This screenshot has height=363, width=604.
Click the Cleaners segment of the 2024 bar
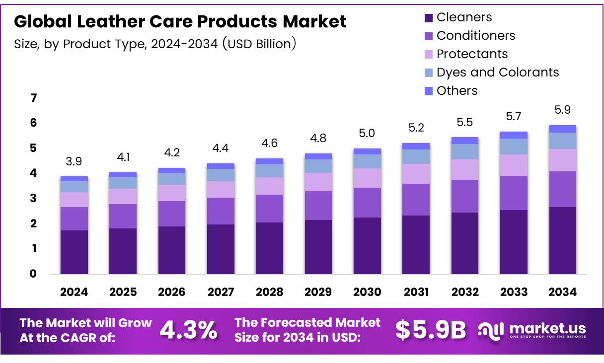tap(74, 252)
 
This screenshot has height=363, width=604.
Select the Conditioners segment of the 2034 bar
tap(562, 189)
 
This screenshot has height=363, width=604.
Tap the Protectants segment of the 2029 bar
tap(318, 182)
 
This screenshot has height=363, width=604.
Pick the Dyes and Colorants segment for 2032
tap(464, 151)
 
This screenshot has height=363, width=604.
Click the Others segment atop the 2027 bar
tap(221, 166)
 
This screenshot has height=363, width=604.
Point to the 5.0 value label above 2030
tap(367, 133)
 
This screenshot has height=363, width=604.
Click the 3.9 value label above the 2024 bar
tap(74, 161)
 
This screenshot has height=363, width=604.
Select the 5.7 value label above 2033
tap(514, 116)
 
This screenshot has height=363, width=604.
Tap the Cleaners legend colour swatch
tap(429, 18)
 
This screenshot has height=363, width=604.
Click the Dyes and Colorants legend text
tap(497, 72)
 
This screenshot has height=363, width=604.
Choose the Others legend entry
tap(456, 90)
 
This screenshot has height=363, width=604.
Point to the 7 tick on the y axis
tap(34, 98)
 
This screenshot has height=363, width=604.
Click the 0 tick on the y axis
tap(34, 274)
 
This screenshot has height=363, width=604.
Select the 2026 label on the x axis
tap(171, 292)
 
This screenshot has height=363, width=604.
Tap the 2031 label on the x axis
tap(416, 292)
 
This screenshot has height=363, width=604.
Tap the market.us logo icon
tap(491, 330)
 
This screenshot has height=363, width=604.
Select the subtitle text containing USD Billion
tap(155, 44)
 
